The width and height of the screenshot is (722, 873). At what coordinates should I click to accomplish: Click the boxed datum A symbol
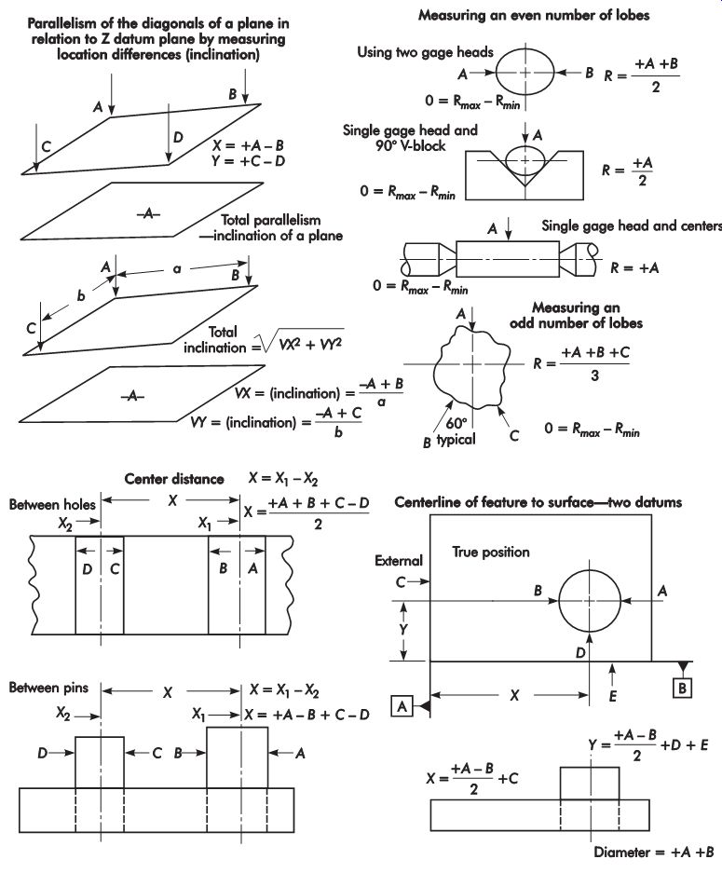(x=402, y=706)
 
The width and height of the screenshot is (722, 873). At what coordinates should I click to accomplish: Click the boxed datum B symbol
(x=682, y=689)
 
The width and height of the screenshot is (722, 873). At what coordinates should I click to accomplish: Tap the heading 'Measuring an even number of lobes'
(x=534, y=15)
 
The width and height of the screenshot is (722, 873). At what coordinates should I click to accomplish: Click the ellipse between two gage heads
(x=525, y=73)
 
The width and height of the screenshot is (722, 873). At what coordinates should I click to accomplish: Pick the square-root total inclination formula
(x=263, y=340)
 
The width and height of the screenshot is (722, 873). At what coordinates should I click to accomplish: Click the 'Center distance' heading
(x=174, y=479)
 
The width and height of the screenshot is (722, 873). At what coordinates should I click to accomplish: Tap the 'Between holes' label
(x=52, y=505)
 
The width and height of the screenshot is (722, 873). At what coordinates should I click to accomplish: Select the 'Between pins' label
(x=48, y=688)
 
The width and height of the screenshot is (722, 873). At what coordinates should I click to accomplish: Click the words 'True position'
(x=491, y=552)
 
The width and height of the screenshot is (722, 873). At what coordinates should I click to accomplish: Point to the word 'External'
(x=399, y=561)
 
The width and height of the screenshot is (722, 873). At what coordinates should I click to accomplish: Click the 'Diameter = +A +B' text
(x=654, y=853)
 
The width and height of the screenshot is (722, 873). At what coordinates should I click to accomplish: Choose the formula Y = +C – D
(x=248, y=161)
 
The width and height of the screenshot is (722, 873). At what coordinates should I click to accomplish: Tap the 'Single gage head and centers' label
(x=632, y=226)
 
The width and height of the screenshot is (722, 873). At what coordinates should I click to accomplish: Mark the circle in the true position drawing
(x=559, y=601)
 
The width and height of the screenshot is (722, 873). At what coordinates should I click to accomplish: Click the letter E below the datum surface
(x=613, y=696)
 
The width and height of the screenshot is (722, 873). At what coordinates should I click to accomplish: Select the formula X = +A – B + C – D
(x=307, y=715)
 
